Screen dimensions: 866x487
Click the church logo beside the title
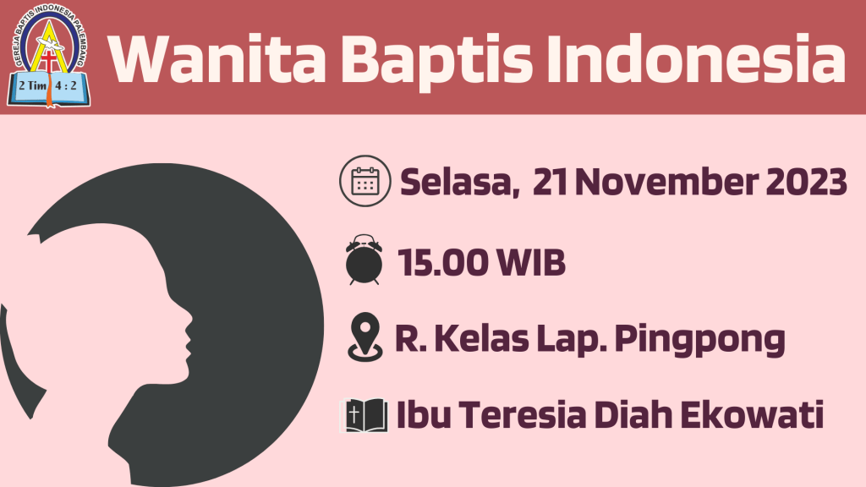[x=48, y=55]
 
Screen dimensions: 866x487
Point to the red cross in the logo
[x=49, y=61]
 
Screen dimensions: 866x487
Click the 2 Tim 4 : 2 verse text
[x=47, y=85]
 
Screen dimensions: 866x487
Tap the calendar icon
[x=365, y=181]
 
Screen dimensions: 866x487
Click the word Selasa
[x=459, y=183]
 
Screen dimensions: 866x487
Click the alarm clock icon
[x=364, y=260]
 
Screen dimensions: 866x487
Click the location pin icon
[x=365, y=337]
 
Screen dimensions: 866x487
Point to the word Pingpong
[x=699, y=340]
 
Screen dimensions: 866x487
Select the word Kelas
[x=481, y=338]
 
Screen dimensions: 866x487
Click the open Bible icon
[x=364, y=414]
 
